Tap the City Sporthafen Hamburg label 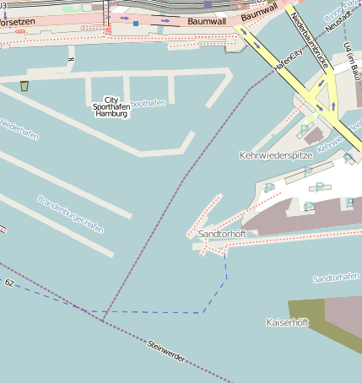tap(111, 106)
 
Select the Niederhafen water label tap(19, 129)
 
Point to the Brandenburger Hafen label tap(71, 214)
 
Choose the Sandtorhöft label tap(221, 234)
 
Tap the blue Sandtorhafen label tap(336, 278)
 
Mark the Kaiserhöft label tap(287, 323)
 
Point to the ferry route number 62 tap(9, 283)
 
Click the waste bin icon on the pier tap(24, 85)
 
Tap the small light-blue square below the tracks tap(135, 24)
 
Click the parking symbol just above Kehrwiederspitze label tap(303, 131)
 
